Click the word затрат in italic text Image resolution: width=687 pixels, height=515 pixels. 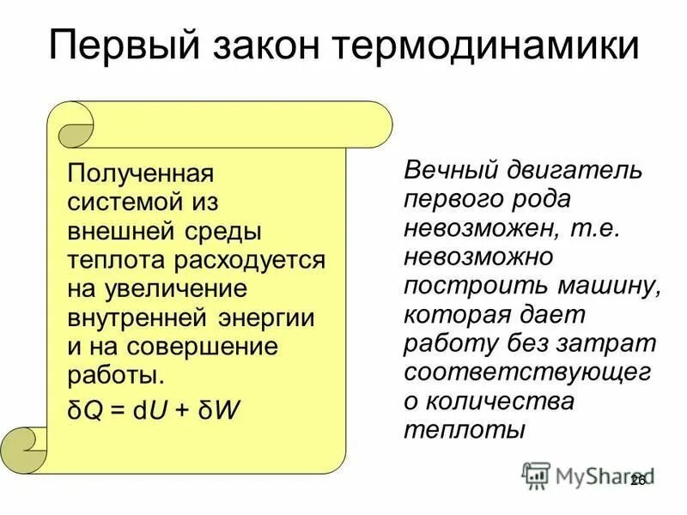point(614,344)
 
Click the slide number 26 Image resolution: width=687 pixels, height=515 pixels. point(637,481)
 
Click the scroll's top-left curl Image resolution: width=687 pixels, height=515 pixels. point(72,125)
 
